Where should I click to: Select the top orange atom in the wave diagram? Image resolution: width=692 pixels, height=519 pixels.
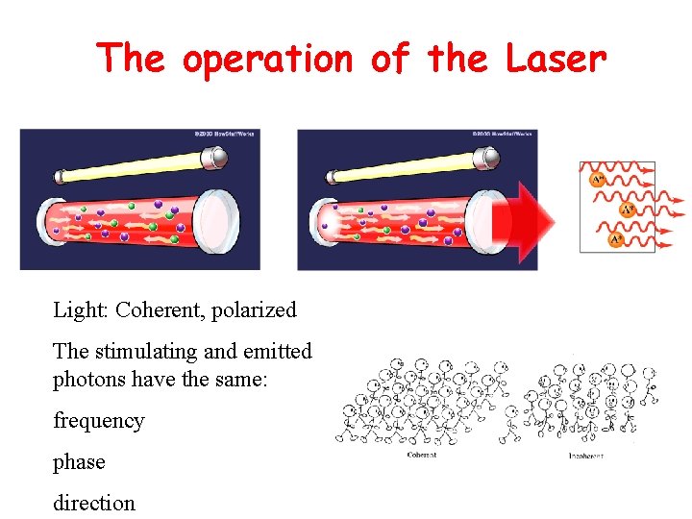pos(598,178)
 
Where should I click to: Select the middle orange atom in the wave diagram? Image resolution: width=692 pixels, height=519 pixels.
pos(627,208)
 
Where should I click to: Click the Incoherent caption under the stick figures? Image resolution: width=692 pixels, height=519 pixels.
pos(586,455)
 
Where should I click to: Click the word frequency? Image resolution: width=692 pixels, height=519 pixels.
pos(98,421)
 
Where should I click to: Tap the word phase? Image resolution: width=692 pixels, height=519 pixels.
pos(79,462)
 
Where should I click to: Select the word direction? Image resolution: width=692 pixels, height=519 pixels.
pos(94,503)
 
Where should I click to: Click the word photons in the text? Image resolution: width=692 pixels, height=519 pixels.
pos(86,380)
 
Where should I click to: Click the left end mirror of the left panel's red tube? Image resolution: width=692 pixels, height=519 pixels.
pos(50,223)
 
